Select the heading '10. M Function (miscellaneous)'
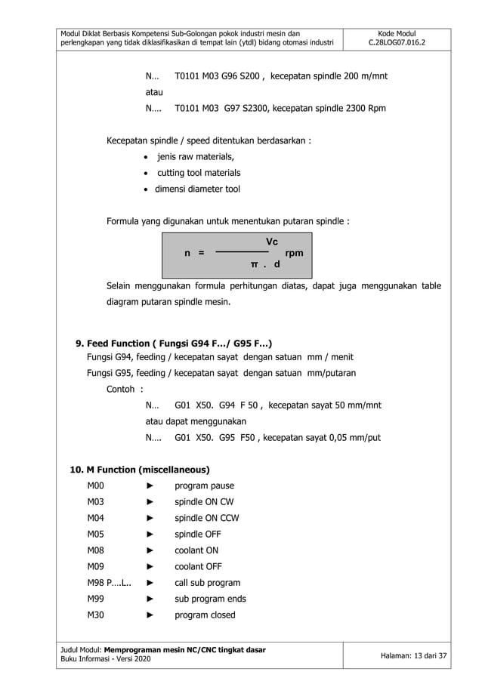point(139,470)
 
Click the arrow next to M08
point(150,551)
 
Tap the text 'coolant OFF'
point(199,567)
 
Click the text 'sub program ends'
point(210,599)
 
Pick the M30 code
point(95,615)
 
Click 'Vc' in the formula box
point(272,242)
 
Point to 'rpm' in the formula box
point(294,254)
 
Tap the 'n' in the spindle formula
point(187,254)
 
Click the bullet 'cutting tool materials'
point(198,173)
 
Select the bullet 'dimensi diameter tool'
point(197,190)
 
